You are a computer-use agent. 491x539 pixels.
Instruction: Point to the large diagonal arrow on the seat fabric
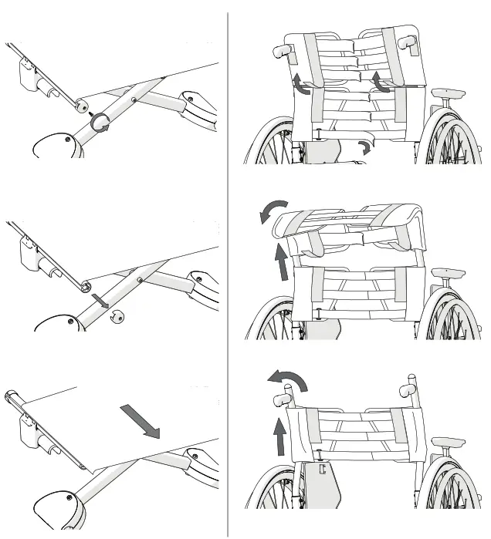click(x=141, y=421)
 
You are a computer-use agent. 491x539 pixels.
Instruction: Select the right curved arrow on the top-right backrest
click(x=376, y=83)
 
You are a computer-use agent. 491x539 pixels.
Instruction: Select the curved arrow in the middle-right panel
click(x=273, y=211)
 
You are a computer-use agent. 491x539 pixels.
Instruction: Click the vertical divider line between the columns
click(x=229, y=270)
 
